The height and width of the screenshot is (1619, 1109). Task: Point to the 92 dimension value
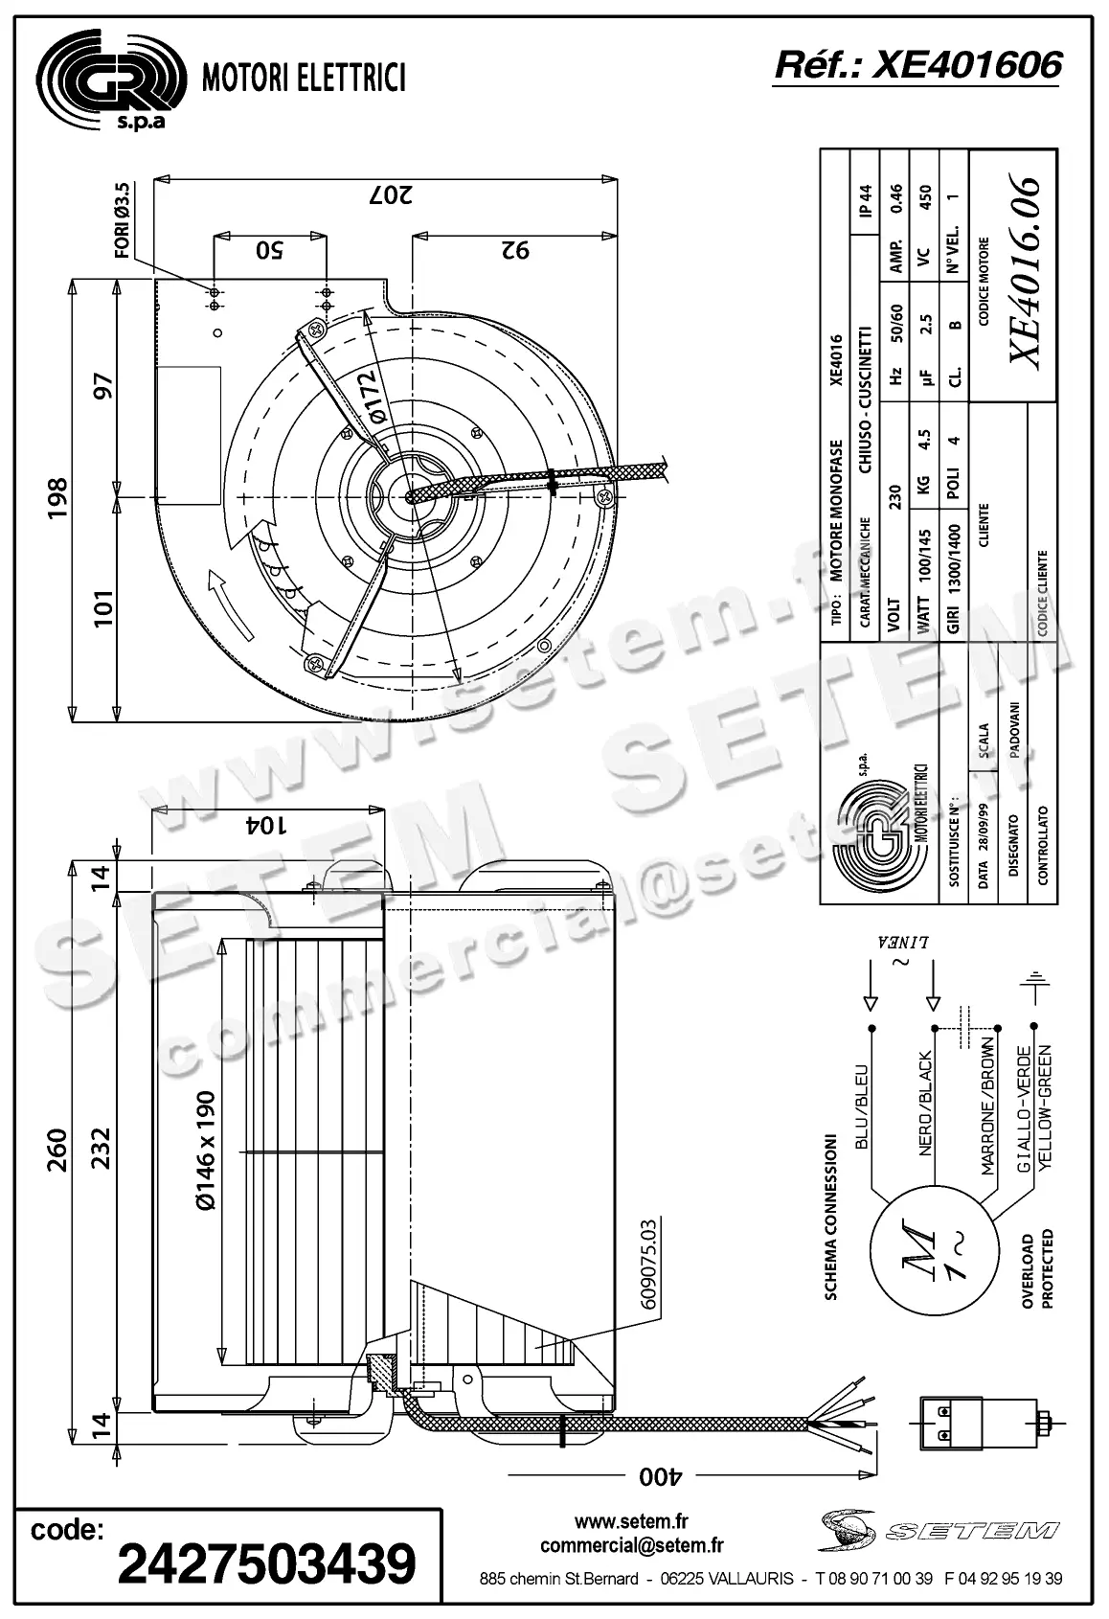click(515, 250)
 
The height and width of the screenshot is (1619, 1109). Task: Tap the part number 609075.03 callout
click(648, 1265)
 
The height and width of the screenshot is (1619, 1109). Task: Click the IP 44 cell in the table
click(866, 201)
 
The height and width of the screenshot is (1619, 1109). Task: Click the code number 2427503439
click(266, 1564)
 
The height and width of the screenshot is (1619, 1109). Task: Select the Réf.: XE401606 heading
click(917, 64)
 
